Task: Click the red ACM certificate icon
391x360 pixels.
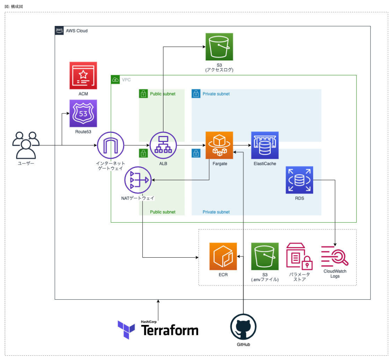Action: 83,76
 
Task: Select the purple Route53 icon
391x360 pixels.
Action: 83,113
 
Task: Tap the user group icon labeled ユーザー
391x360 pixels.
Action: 26,145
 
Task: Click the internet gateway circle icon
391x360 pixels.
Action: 111,145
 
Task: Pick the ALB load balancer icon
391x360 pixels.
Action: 163,145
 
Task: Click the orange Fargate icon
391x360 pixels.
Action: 219,145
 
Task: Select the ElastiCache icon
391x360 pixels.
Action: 265,145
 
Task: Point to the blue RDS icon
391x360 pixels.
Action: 299,180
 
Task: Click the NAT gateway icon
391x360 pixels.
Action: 138,180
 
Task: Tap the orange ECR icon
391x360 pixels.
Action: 223,256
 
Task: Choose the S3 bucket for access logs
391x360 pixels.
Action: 219,47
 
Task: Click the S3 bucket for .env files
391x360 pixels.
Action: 265,256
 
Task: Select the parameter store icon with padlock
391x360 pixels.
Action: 299,256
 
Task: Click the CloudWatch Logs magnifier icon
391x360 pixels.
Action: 334,256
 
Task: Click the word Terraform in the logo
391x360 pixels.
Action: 170,330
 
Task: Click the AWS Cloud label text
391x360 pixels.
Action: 77,31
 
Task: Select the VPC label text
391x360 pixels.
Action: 126,80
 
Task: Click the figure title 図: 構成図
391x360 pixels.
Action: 14,6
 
